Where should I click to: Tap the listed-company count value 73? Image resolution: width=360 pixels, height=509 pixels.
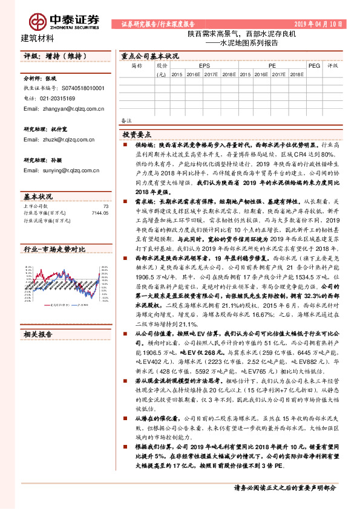(x=105, y=206)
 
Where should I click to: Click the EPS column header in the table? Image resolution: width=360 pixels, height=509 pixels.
(x=205, y=64)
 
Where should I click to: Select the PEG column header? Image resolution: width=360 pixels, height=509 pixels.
(x=314, y=64)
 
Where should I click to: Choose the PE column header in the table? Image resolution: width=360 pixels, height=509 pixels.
(x=272, y=64)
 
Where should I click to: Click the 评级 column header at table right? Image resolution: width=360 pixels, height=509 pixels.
(x=332, y=65)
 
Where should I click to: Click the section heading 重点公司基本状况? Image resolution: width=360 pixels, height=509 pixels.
(x=151, y=55)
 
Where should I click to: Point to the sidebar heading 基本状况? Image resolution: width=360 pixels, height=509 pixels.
(x=38, y=196)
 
